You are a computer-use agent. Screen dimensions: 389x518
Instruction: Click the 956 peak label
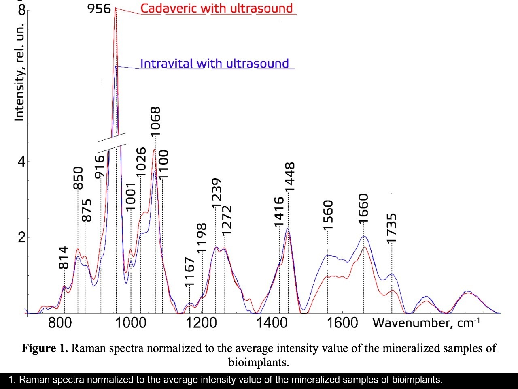point(99,8)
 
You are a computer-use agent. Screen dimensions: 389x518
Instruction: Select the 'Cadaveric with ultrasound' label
point(217,8)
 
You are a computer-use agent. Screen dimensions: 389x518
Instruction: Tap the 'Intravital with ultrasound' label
point(214,64)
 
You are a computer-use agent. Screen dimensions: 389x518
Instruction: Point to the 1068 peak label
point(155,121)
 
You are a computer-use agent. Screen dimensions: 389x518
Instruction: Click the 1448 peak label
point(290,177)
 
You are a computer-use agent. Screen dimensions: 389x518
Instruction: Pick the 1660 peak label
point(363,208)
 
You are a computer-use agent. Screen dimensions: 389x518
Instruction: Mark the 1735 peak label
point(391,229)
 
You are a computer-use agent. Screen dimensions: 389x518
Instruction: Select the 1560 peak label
point(328,215)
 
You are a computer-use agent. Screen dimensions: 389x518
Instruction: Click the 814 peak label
point(64,258)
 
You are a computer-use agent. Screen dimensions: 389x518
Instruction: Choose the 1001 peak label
point(131,197)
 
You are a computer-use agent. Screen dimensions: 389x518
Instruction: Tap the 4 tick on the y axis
point(21,161)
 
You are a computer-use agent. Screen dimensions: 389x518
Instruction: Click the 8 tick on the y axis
point(21,9)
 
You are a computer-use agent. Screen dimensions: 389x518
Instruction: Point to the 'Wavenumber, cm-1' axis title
point(426,323)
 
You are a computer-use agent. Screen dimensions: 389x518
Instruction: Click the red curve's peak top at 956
point(115,8)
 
